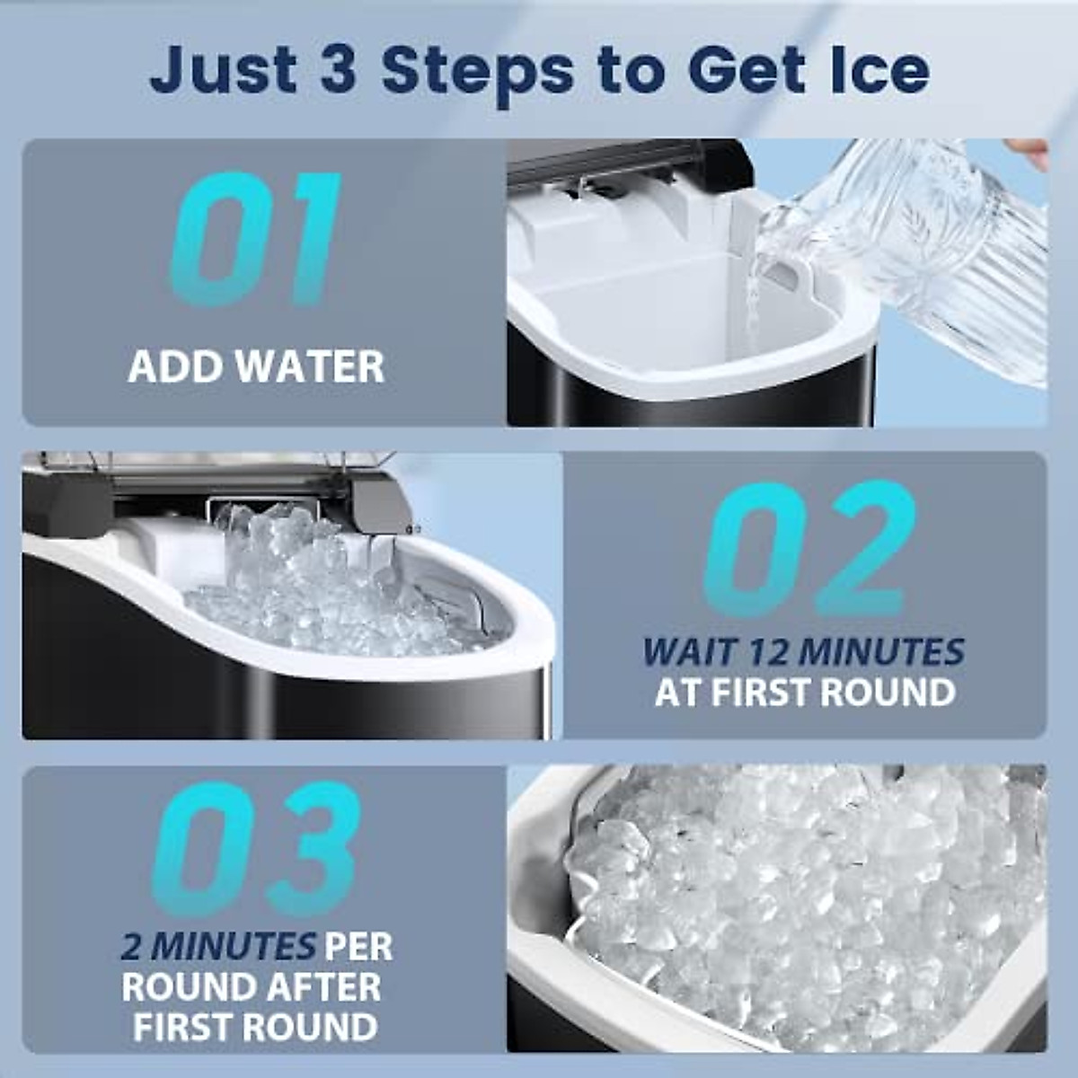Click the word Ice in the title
coord(875,70)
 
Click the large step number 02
coord(808,550)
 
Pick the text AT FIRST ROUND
coord(804,693)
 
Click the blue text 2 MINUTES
coord(217,946)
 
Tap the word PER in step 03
coord(358,946)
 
